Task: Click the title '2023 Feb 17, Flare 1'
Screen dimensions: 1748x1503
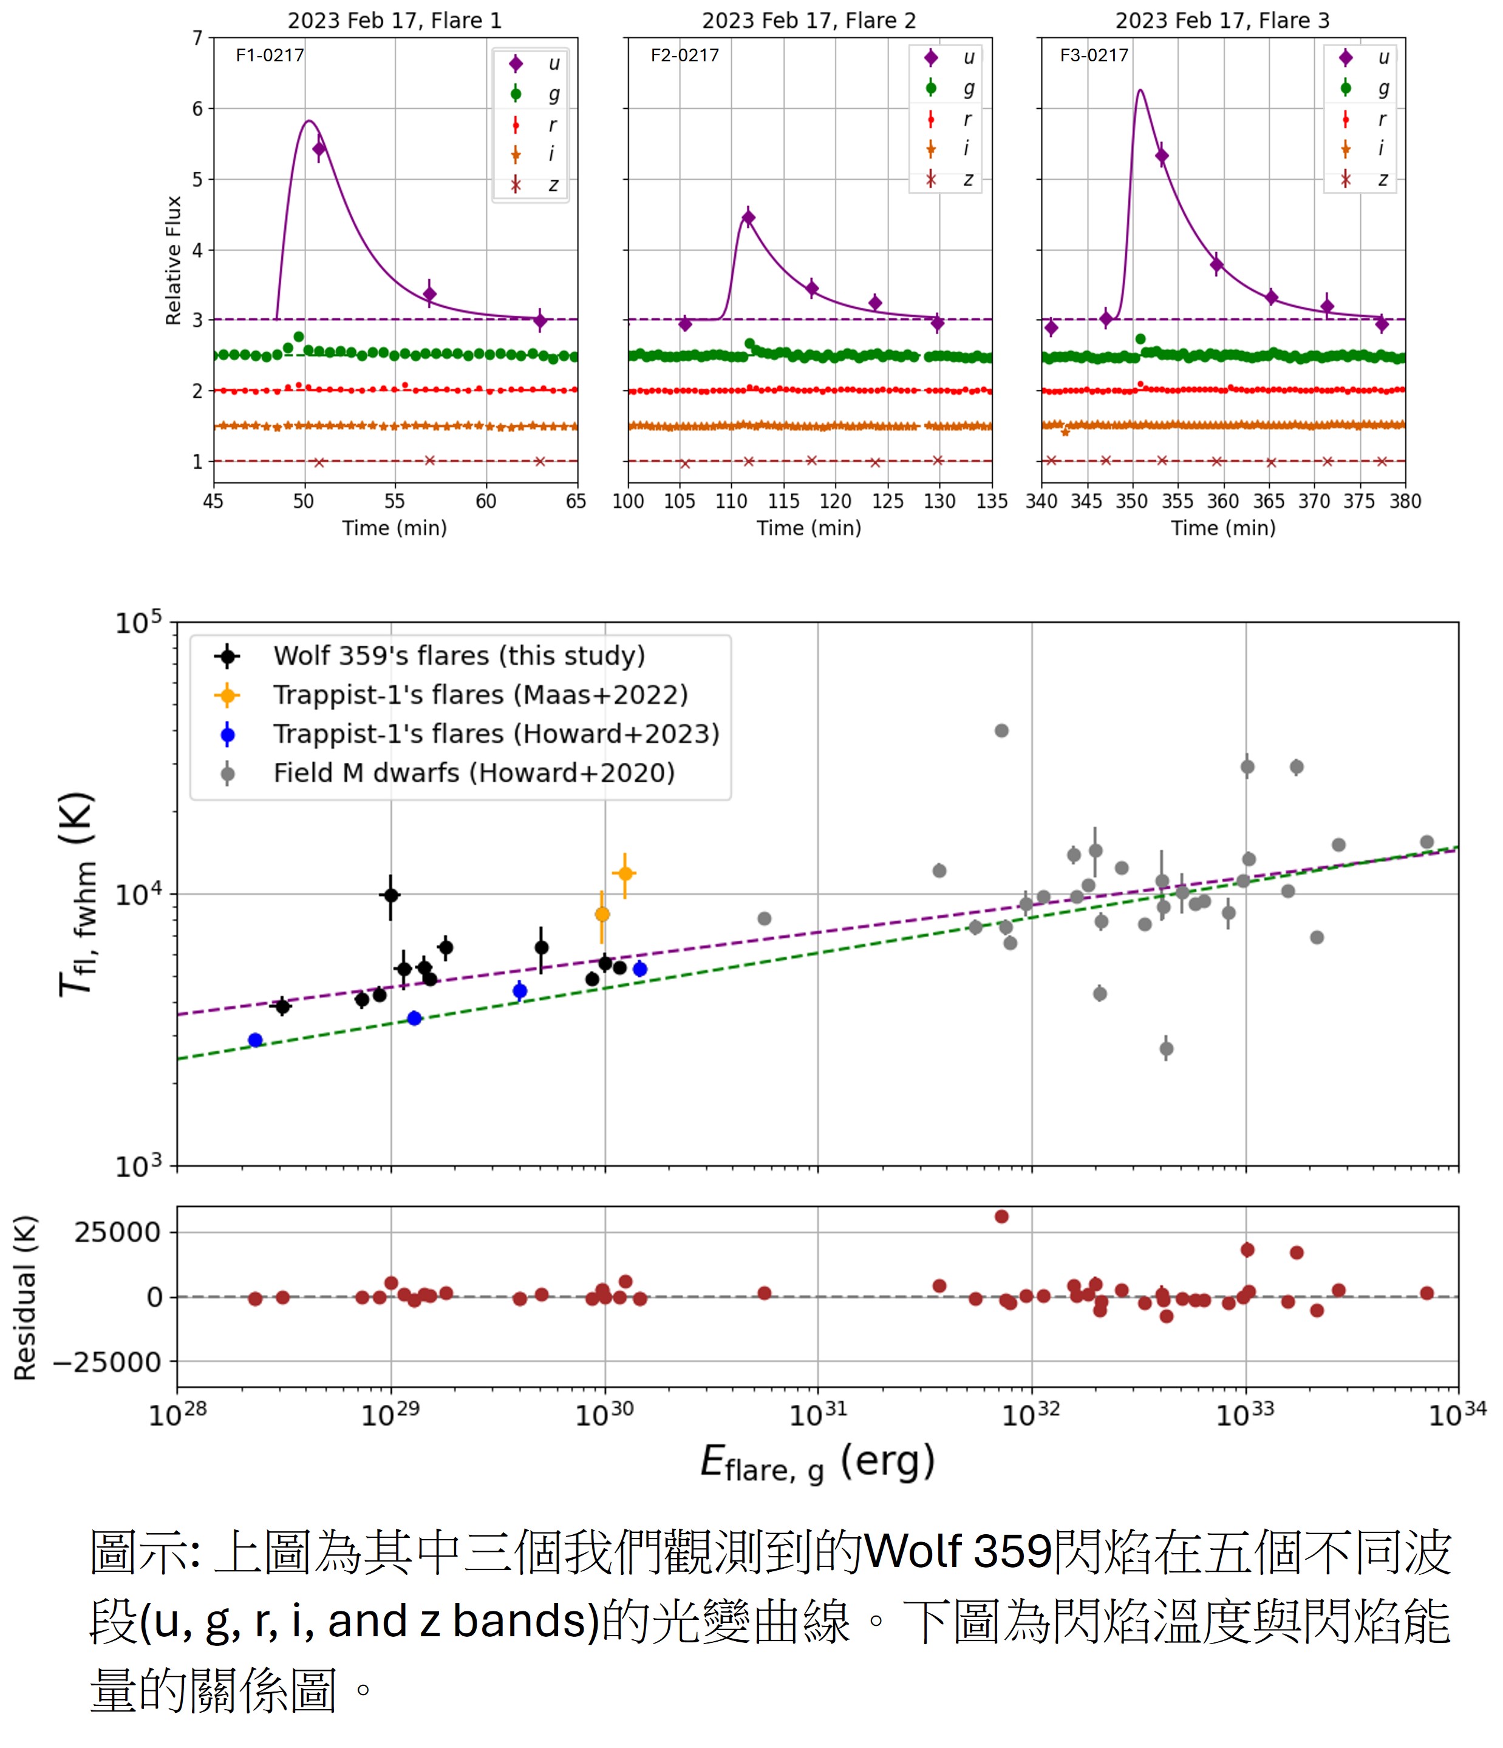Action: [x=394, y=20]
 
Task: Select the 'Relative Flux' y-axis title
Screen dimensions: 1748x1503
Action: [x=174, y=260]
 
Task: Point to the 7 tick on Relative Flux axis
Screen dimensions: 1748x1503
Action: [x=197, y=38]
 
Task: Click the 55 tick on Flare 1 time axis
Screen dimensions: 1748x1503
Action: [x=395, y=501]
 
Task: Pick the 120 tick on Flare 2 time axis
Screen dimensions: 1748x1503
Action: [x=835, y=501]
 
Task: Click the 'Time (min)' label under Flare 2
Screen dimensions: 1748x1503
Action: [x=809, y=528]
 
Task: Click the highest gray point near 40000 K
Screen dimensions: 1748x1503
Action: [x=1001, y=731]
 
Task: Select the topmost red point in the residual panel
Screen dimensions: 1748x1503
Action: [x=1001, y=1217]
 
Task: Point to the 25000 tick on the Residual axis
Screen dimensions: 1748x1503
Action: [x=117, y=1232]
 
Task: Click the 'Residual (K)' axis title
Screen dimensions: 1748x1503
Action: [x=26, y=1297]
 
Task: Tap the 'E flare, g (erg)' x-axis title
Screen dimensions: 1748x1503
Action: [x=817, y=1464]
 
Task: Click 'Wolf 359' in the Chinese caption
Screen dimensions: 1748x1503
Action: [x=958, y=1551]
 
